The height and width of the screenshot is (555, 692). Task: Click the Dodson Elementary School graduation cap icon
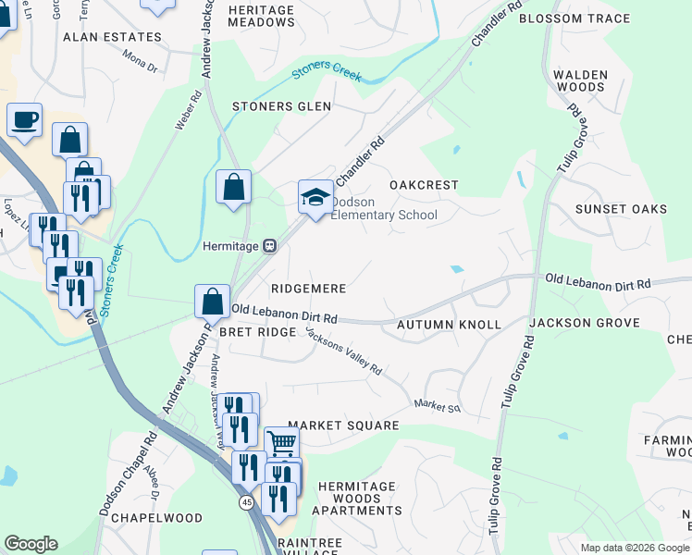point(315,197)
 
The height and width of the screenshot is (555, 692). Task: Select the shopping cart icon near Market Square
point(281,443)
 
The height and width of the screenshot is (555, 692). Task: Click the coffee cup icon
point(24,119)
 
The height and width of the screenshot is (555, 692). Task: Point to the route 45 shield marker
point(246,501)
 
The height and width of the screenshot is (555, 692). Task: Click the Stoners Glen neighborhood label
point(281,106)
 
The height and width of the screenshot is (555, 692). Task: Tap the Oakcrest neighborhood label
point(424,185)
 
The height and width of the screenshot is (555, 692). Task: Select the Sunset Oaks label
point(621,209)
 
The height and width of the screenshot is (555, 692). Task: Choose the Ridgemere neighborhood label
point(309,289)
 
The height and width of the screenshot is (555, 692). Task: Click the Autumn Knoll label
point(449,325)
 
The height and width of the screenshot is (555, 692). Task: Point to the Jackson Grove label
point(585,323)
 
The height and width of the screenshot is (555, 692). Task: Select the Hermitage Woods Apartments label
point(357,498)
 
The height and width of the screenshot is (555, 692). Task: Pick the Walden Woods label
point(580,80)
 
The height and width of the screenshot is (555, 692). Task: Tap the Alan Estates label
point(112,38)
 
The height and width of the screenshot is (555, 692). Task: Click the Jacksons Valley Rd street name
point(344,352)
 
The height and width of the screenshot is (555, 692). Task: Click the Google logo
point(31,544)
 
